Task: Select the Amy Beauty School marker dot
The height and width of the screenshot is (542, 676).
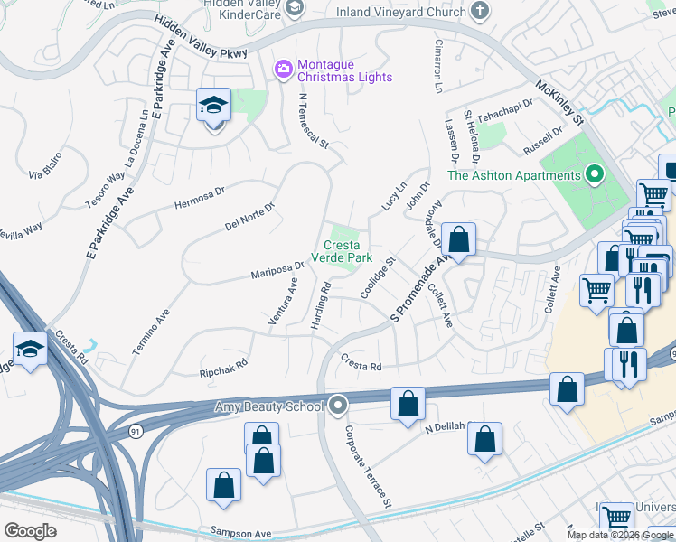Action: (339, 406)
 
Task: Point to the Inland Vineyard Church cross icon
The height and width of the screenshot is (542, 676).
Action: (480, 10)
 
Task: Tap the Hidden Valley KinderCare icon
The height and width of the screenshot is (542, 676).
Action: (294, 8)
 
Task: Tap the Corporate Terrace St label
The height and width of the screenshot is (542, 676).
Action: (369, 465)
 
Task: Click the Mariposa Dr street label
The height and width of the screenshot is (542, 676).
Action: (276, 269)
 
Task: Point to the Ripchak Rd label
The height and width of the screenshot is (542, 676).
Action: (223, 369)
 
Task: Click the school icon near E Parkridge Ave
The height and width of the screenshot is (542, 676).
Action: (214, 107)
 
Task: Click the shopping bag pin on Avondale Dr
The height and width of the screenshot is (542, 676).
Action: (459, 241)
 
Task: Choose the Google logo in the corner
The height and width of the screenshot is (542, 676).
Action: (30, 531)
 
